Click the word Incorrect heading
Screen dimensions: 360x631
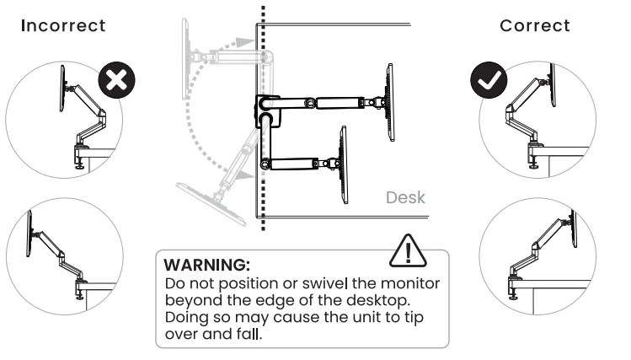63,25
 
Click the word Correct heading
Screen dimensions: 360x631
535,25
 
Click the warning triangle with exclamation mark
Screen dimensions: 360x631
408,251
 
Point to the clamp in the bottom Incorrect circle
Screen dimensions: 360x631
81,285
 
